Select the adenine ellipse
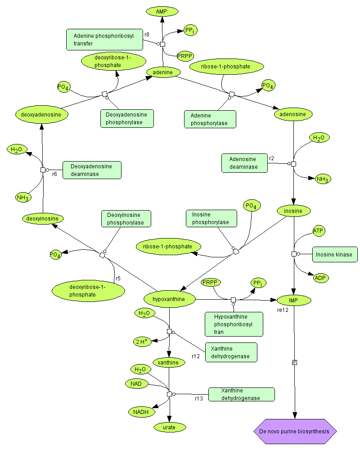[163, 72]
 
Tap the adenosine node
[292, 114]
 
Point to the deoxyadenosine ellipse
[41, 115]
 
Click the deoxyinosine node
[43, 219]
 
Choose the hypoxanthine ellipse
[170, 299]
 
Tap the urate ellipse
[170, 427]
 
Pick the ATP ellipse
[319, 231]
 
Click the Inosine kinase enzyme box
[334, 255]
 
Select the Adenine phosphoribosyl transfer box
[104, 39]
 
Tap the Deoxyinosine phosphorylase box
[126, 218]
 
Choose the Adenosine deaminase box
[244, 163]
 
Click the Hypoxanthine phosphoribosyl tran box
[234, 324]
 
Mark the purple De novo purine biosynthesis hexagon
[295, 432]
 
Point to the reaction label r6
[54, 174]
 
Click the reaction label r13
[199, 399]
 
